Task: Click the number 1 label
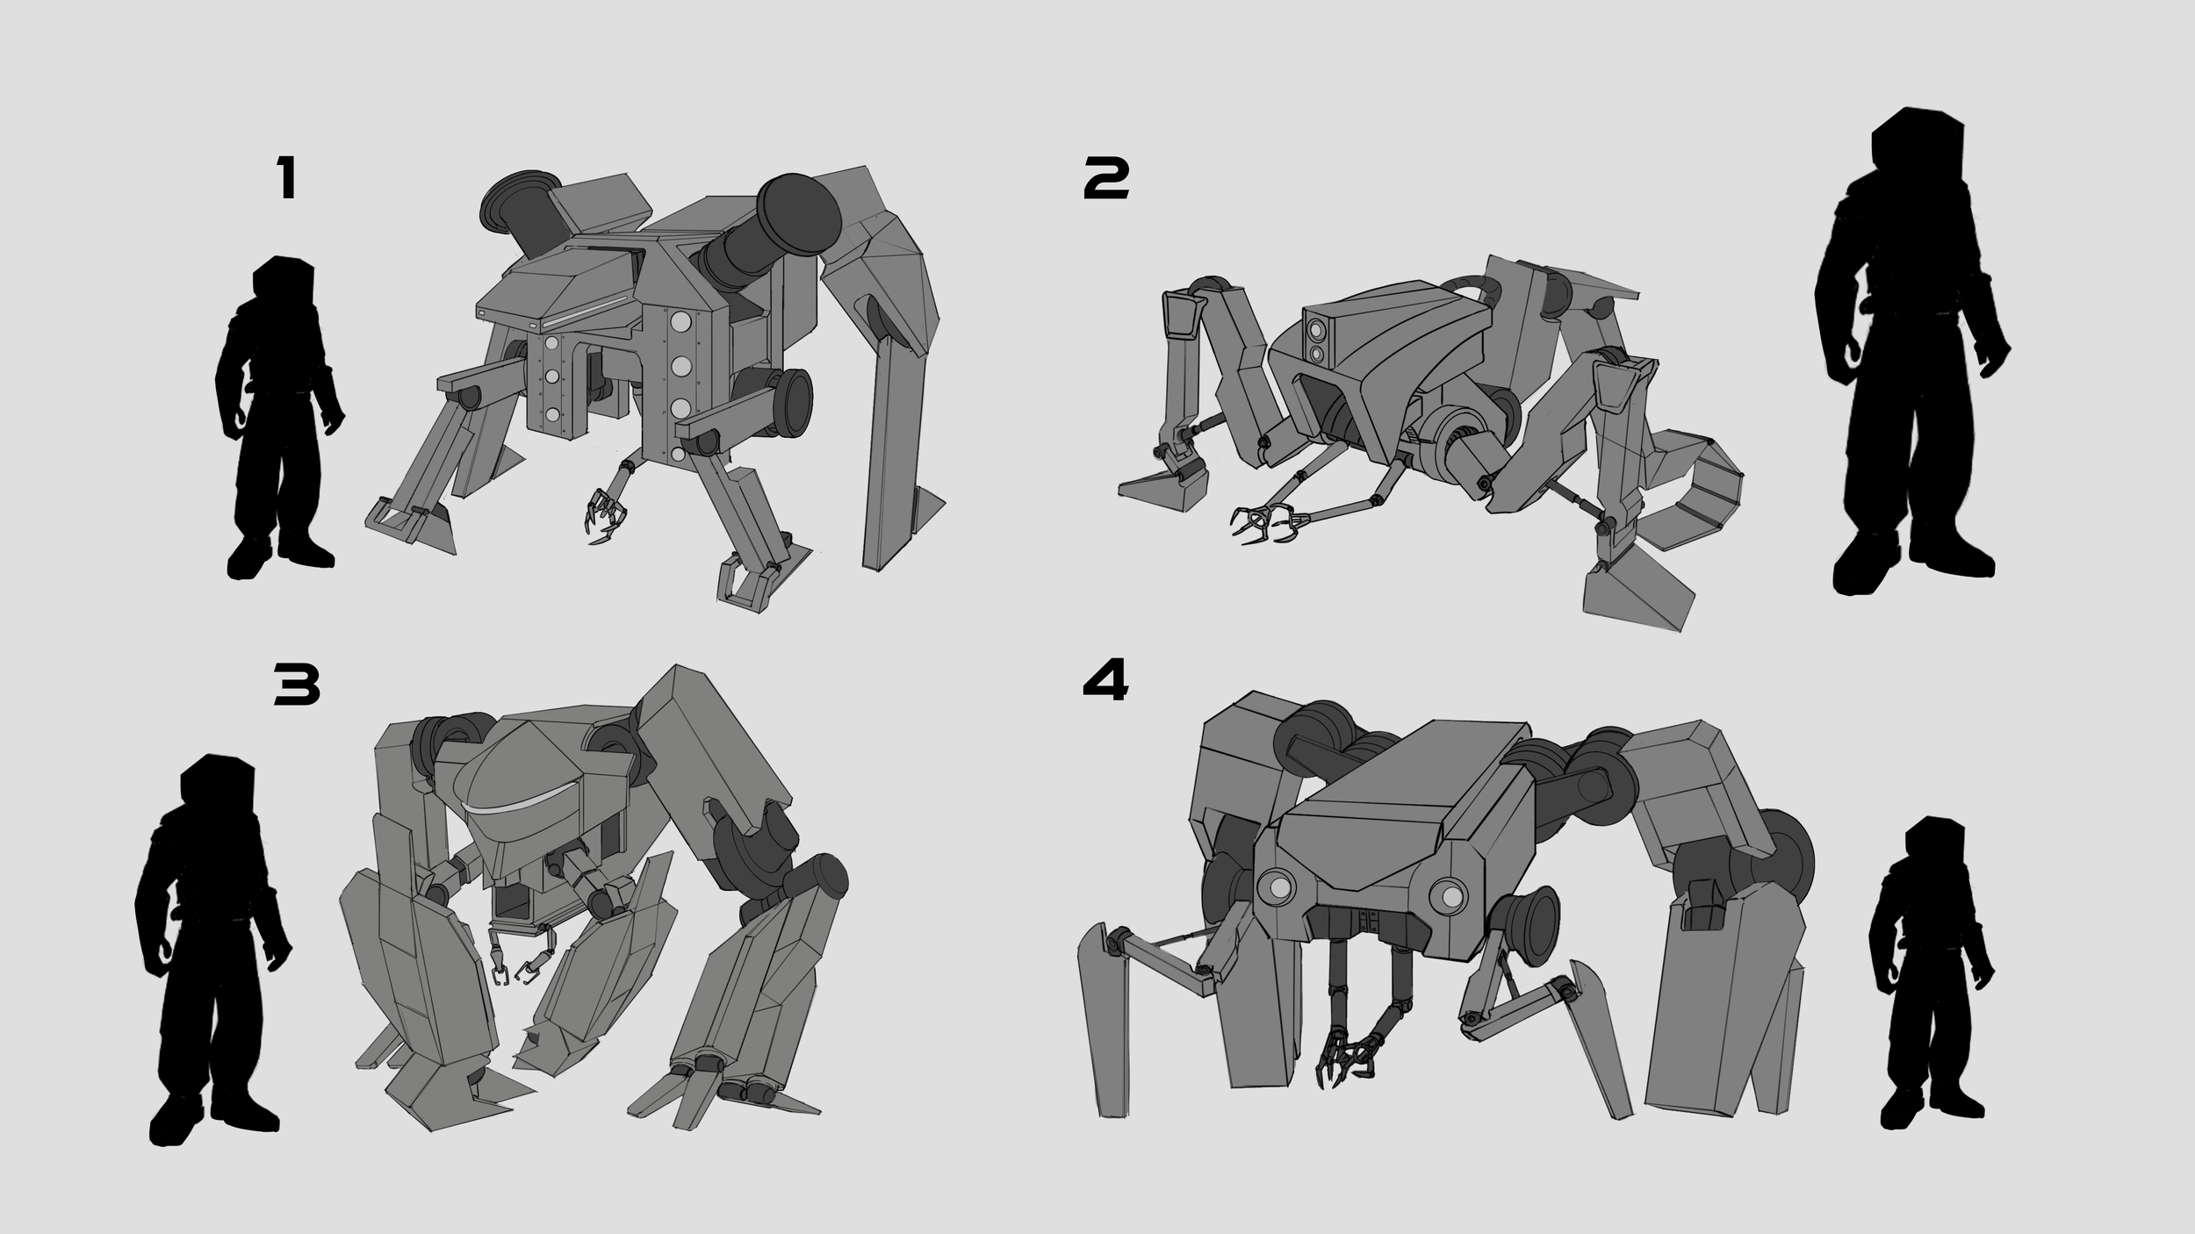pyautogui.click(x=287, y=180)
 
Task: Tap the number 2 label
pyautogui.click(x=1106, y=180)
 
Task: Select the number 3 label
pyautogui.click(x=297, y=686)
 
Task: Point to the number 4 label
pyautogui.click(x=1105, y=681)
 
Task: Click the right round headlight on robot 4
pyautogui.click(x=1449, y=895)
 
